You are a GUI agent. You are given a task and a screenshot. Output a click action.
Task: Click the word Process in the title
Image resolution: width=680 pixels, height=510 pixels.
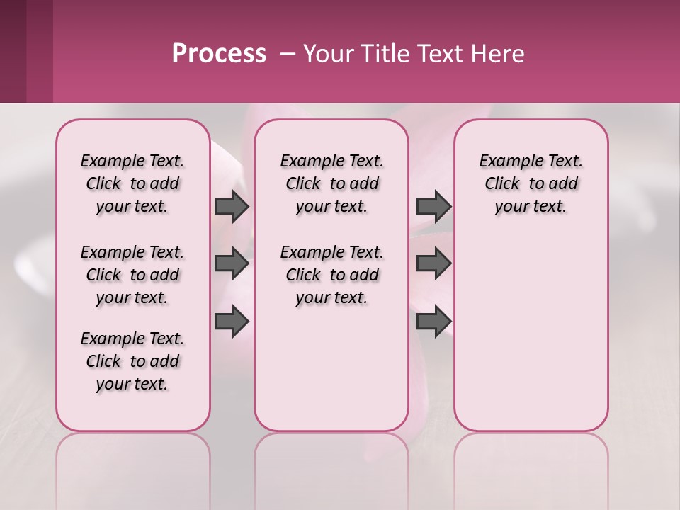click(x=219, y=54)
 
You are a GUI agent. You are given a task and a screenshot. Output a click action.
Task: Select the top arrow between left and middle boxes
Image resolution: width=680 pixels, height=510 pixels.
click(x=232, y=207)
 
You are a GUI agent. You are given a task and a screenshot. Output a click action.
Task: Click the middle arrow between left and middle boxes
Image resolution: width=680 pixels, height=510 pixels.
click(x=232, y=263)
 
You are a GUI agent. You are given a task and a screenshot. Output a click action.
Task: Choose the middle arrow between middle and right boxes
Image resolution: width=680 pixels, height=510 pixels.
click(x=433, y=263)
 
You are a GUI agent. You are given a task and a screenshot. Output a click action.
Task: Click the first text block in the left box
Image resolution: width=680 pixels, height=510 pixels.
click(x=132, y=183)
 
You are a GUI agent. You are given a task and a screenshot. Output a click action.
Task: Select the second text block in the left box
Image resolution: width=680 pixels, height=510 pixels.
click(x=132, y=275)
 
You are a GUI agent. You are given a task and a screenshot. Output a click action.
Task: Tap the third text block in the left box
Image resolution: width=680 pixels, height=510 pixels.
click(x=132, y=361)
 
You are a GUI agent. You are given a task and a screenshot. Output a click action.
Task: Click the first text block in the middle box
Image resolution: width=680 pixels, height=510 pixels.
click(x=331, y=183)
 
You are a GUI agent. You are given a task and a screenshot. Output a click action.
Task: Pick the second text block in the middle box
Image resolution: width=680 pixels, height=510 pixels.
click(x=331, y=275)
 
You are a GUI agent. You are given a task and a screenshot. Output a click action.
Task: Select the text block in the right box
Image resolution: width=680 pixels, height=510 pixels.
click(x=531, y=183)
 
